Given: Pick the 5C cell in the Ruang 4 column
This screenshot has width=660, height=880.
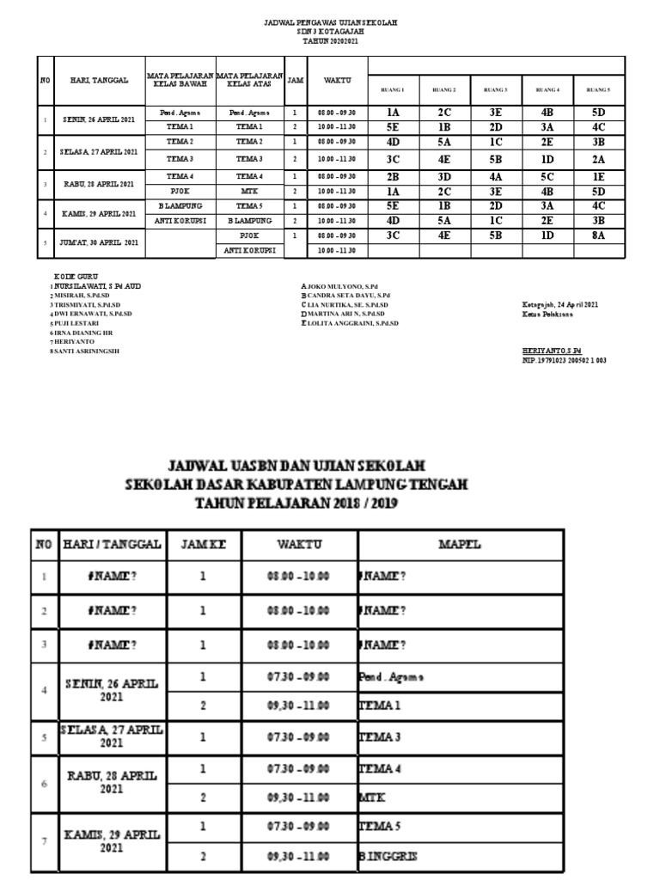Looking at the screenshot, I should pyautogui.click(x=547, y=176).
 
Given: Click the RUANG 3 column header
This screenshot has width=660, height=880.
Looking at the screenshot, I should pyautogui.click(x=495, y=89).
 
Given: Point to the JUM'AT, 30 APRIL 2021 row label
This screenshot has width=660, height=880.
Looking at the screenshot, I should pyautogui.click(x=100, y=242).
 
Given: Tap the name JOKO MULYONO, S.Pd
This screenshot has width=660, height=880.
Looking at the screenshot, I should pyautogui.click(x=340, y=286).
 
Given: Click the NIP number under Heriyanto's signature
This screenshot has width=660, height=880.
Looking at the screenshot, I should pyautogui.click(x=564, y=361).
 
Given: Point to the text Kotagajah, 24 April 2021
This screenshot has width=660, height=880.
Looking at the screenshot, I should pyautogui.click(x=561, y=304).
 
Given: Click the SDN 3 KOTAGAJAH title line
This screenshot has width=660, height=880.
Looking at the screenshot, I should pyautogui.click(x=329, y=31).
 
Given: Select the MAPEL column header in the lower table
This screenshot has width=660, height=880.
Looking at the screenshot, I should pyautogui.click(x=460, y=544).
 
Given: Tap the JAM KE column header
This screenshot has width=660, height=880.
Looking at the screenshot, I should pyautogui.click(x=203, y=544).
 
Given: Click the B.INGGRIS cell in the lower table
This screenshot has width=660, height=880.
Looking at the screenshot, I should pyautogui.click(x=387, y=857).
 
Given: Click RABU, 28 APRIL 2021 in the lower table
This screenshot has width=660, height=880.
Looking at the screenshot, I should pyautogui.click(x=112, y=781).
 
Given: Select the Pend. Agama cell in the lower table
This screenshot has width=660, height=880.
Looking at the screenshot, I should pyautogui.click(x=392, y=677).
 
